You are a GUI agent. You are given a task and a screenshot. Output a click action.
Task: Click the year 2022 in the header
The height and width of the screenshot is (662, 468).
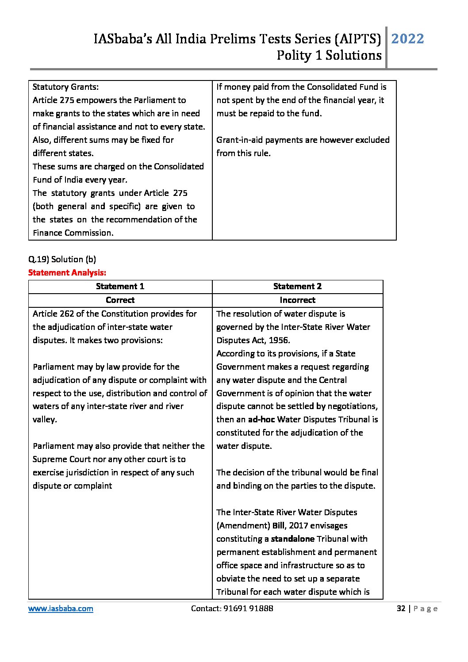point(407,39)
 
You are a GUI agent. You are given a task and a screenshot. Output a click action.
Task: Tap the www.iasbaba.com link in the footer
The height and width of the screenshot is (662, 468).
point(61,608)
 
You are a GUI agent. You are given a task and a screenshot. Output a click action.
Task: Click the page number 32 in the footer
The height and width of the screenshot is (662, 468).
point(401,608)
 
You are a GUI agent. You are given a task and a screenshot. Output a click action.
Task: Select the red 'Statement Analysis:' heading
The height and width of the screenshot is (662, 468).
point(67,273)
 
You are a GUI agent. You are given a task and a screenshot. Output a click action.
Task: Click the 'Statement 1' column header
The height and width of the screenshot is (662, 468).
point(120,287)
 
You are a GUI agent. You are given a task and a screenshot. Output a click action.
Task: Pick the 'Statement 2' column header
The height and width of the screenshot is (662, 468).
point(297,287)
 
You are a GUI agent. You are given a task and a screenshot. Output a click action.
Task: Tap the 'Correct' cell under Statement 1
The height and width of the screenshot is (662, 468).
point(120,300)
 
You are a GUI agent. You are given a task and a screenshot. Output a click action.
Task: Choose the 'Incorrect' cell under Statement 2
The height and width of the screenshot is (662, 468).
point(297,300)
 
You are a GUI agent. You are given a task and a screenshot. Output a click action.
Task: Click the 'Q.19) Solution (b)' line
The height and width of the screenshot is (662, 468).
point(62,260)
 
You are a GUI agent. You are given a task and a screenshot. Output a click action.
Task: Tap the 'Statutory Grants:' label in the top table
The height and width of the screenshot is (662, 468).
point(65,87)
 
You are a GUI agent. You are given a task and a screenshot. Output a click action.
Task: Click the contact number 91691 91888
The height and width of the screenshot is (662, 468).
point(248,608)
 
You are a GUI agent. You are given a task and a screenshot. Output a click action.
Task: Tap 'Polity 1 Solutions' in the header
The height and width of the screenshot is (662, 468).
point(329,56)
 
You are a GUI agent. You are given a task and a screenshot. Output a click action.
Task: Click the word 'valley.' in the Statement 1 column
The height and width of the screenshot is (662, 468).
point(45,420)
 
